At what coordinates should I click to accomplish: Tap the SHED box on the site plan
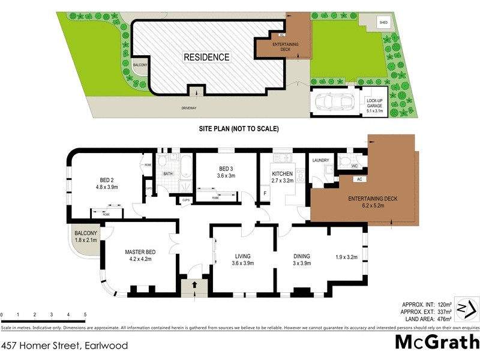tap(383, 22)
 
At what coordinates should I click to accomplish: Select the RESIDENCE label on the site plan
tap(206, 57)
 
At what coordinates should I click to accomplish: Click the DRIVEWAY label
tap(189, 108)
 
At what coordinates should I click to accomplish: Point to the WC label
tap(355, 166)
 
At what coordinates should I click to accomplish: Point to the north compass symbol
tap(466, 308)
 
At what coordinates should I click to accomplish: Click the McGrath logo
tap(437, 341)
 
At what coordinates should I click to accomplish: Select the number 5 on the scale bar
tap(85, 314)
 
